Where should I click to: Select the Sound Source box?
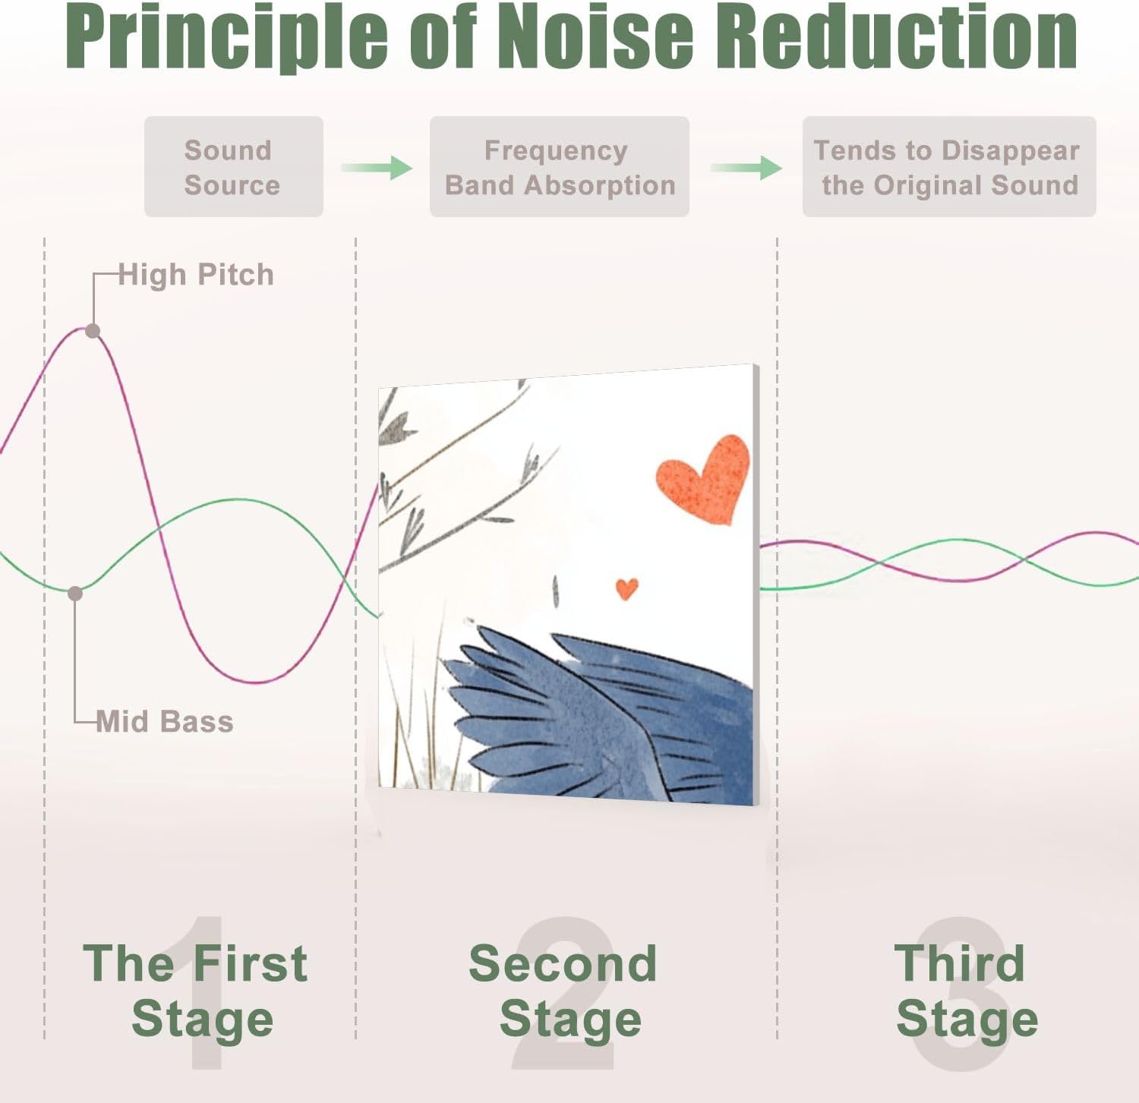(x=233, y=167)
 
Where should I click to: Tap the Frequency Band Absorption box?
(x=559, y=167)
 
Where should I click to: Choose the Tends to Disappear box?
(x=948, y=167)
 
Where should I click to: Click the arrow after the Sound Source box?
(x=377, y=168)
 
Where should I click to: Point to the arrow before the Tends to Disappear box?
(x=746, y=168)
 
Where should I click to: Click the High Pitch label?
(x=196, y=275)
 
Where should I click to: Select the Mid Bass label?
(x=165, y=721)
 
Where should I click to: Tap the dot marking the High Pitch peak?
(x=93, y=331)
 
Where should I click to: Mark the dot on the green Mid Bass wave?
(x=75, y=594)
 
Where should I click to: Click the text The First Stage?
(x=196, y=991)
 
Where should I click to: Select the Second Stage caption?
(x=563, y=991)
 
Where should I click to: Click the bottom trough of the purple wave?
(x=258, y=681)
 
